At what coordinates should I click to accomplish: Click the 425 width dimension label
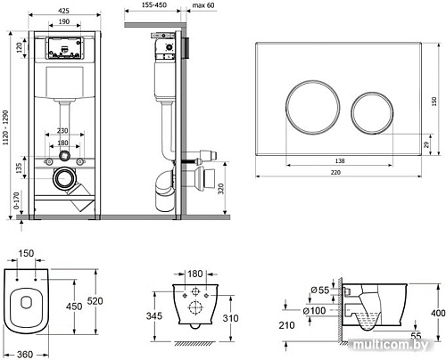(63, 11)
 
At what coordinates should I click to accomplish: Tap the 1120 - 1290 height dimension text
(5, 128)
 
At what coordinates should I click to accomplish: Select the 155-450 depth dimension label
(154, 5)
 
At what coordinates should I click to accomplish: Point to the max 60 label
(203, 5)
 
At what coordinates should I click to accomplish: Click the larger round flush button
(313, 107)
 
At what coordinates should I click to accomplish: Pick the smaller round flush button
(372, 113)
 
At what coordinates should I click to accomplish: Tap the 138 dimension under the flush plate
(340, 160)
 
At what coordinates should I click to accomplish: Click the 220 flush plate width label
(335, 172)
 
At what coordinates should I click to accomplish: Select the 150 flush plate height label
(434, 102)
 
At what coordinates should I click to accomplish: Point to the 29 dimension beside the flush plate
(426, 144)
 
